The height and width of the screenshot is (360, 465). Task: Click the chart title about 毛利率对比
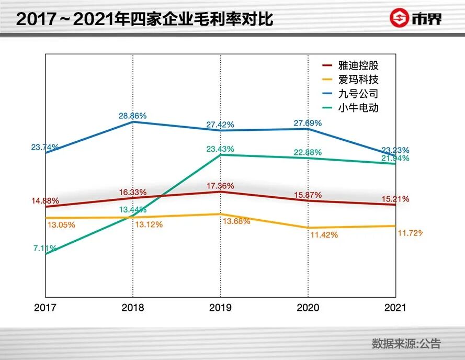144,19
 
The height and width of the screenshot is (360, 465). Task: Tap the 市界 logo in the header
416,18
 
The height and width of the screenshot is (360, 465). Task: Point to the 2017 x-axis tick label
46,308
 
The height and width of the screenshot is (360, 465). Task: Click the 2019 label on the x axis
221,308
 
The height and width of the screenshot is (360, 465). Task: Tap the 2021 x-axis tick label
395,308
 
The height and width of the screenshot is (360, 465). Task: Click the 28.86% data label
132,116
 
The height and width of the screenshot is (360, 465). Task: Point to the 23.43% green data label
220,149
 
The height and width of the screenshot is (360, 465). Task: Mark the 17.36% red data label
220,186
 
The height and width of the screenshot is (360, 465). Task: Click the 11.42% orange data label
324,235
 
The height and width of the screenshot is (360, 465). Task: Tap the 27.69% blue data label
308,123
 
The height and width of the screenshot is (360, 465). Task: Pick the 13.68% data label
236,221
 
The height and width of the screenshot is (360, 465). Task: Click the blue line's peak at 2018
133,121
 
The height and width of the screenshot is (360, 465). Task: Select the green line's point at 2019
220,155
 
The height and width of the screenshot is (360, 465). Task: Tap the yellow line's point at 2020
308,228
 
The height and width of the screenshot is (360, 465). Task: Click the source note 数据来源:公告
406,343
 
